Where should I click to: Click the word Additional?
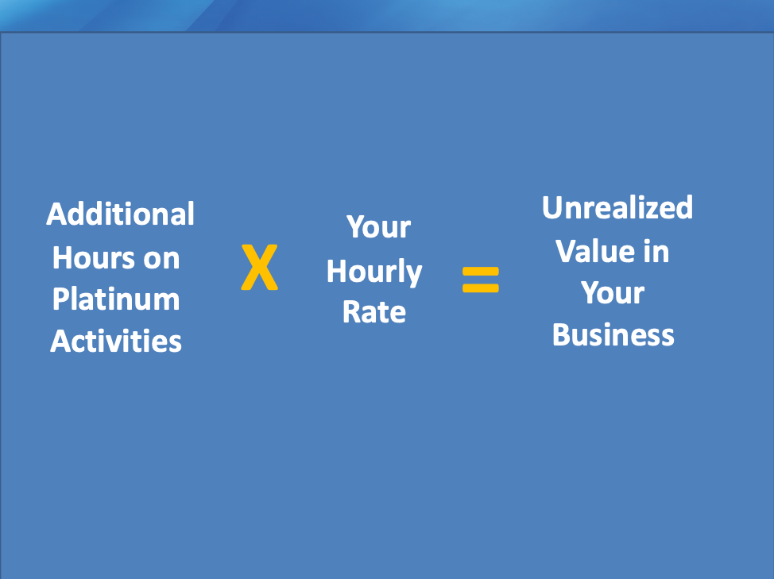(x=121, y=214)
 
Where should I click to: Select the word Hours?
(x=94, y=258)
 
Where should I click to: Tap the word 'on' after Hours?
(x=161, y=261)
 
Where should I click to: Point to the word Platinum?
(x=116, y=299)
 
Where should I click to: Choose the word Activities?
(x=116, y=341)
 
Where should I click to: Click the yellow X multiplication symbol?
(x=260, y=267)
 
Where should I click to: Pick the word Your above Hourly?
(x=378, y=227)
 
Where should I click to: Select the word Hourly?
(x=374, y=272)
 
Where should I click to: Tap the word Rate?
(x=374, y=312)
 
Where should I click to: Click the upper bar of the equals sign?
(x=481, y=272)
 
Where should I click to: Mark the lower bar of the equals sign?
(x=481, y=288)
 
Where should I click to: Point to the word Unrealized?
(x=617, y=207)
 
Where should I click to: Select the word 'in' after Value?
(x=656, y=252)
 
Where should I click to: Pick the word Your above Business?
(x=613, y=293)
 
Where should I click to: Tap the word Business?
(x=613, y=335)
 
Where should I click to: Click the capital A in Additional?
(x=57, y=214)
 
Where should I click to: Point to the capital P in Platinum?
(x=62, y=299)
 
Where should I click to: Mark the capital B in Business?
(x=563, y=335)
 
